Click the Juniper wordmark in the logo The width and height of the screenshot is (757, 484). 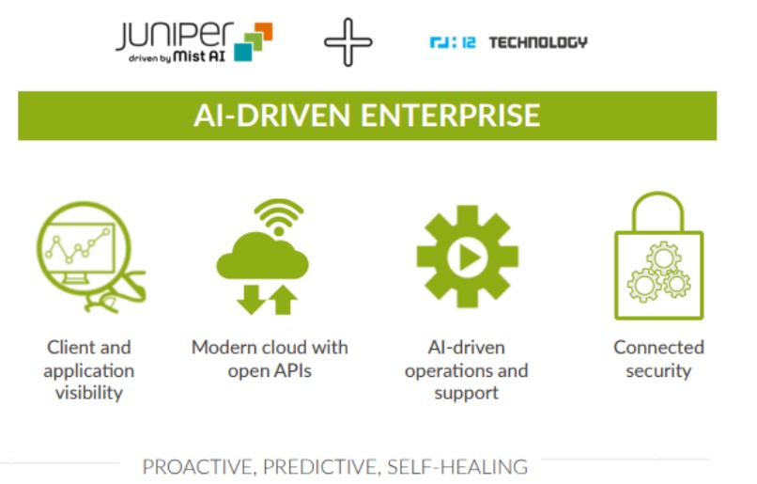(x=175, y=36)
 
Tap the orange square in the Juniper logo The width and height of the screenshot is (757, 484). (x=264, y=31)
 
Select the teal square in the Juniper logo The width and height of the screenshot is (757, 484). (x=243, y=52)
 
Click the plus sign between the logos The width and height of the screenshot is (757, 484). (x=348, y=42)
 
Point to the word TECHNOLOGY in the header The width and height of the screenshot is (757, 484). (x=538, y=42)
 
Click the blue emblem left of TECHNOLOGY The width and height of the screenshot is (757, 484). (x=453, y=42)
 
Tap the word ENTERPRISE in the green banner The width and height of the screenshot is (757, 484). (x=451, y=115)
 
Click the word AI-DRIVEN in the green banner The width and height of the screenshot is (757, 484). (x=271, y=115)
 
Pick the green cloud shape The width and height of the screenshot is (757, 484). (x=262, y=258)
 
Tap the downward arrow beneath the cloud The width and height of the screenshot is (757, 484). (x=251, y=300)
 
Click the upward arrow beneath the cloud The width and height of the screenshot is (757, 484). (x=283, y=300)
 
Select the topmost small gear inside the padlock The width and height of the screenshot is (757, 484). (x=664, y=258)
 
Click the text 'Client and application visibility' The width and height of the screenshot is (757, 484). (x=89, y=370)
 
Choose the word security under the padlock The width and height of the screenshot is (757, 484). (x=658, y=371)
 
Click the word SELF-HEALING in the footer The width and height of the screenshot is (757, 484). (x=457, y=467)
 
